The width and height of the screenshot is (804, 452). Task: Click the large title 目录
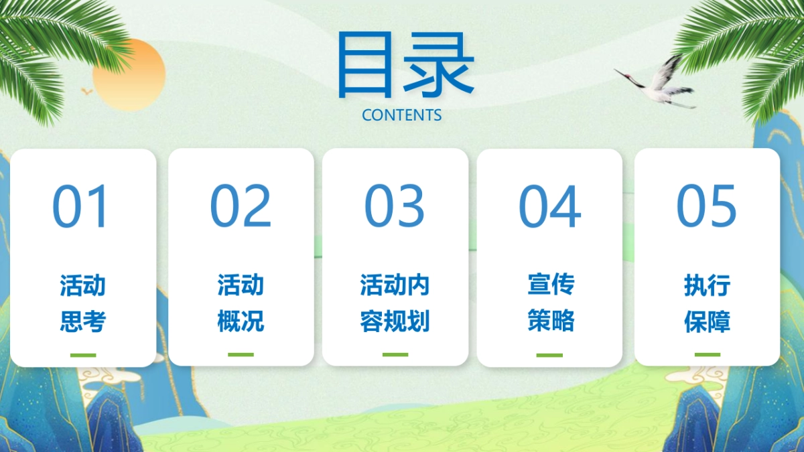tap(405, 64)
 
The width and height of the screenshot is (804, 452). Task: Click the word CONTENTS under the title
tap(401, 115)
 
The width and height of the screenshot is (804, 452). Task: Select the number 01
tap(80, 206)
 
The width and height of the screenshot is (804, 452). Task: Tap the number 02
tap(241, 206)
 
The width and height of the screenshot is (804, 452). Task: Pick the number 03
tap(395, 206)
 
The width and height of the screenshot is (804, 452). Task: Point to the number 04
tap(549, 206)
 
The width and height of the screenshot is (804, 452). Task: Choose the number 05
tap(707, 206)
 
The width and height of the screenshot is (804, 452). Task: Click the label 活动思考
tap(83, 303)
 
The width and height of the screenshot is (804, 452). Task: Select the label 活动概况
tap(241, 303)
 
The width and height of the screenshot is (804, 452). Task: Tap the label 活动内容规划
tap(395, 303)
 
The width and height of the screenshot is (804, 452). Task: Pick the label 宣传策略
tap(551, 303)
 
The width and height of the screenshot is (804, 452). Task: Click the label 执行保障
tap(707, 303)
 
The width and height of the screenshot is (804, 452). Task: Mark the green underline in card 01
tap(83, 355)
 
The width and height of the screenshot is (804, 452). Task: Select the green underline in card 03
tap(395, 354)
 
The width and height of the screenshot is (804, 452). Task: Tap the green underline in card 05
tap(707, 354)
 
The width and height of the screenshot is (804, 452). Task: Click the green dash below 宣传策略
tap(549, 355)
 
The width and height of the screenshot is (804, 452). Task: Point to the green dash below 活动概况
tap(241, 354)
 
